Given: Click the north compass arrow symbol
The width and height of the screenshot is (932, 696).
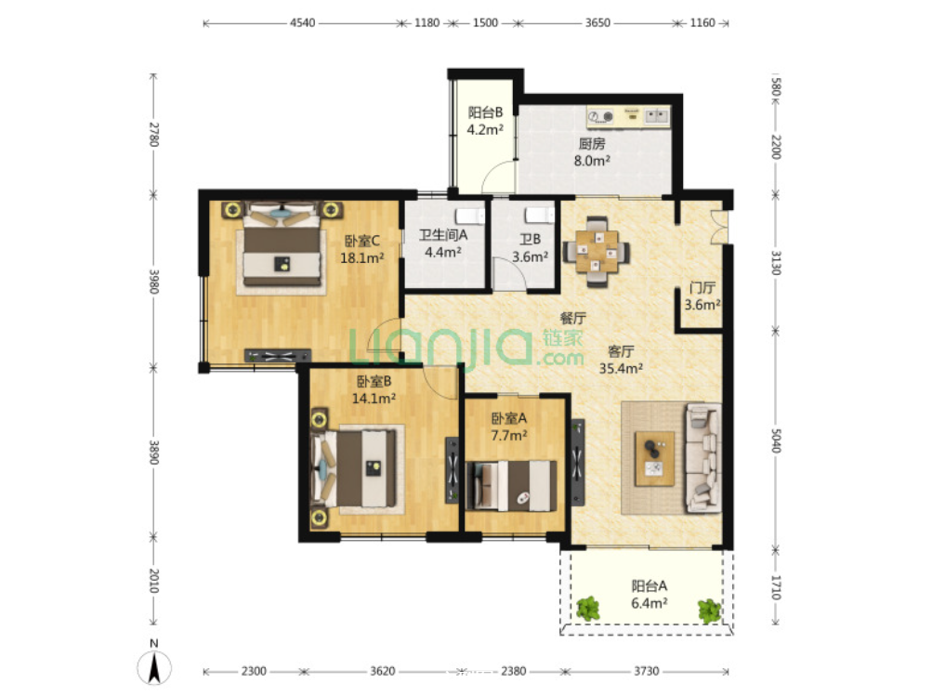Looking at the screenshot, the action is pyautogui.click(x=154, y=667).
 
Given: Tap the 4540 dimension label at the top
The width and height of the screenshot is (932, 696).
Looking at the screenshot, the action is pyautogui.click(x=302, y=23).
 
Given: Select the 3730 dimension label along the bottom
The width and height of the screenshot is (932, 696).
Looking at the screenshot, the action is pyautogui.click(x=646, y=671).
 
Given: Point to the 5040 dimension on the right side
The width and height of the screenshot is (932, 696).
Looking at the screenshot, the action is pyautogui.click(x=776, y=440).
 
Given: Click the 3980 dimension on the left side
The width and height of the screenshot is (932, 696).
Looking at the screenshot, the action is pyautogui.click(x=154, y=282).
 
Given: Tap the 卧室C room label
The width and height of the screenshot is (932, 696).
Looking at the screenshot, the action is pyautogui.click(x=362, y=241).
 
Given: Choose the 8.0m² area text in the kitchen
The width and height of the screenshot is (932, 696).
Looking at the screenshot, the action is pyautogui.click(x=592, y=161).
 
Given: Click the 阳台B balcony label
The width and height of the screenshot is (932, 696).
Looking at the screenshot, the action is pyautogui.click(x=485, y=112).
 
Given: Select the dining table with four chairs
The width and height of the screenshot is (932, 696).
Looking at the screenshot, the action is pyautogui.click(x=597, y=252).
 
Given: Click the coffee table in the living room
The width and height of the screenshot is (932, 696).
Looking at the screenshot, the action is pyautogui.click(x=654, y=459).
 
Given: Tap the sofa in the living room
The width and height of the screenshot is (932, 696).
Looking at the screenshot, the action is pyautogui.click(x=703, y=458).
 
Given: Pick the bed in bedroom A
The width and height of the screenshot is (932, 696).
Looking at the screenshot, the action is pyautogui.click(x=512, y=485).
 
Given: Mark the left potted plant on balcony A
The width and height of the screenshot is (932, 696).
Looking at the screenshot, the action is pyautogui.click(x=588, y=609).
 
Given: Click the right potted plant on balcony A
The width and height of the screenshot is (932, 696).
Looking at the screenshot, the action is pyautogui.click(x=709, y=611).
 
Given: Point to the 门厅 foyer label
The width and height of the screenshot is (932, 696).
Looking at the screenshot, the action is pyautogui.click(x=702, y=288).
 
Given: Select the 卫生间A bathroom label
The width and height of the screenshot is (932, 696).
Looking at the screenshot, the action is pyautogui.click(x=443, y=235).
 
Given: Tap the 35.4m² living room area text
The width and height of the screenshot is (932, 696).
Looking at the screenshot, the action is pyautogui.click(x=621, y=369).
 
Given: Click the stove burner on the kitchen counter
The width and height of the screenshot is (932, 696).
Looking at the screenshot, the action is pyautogui.click(x=608, y=117).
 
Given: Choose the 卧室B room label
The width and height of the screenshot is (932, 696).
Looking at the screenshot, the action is pyautogui.click(x=374, y=381).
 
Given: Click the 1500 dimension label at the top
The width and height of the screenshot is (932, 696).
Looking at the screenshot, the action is pyautogui.click(x=485, y=23).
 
